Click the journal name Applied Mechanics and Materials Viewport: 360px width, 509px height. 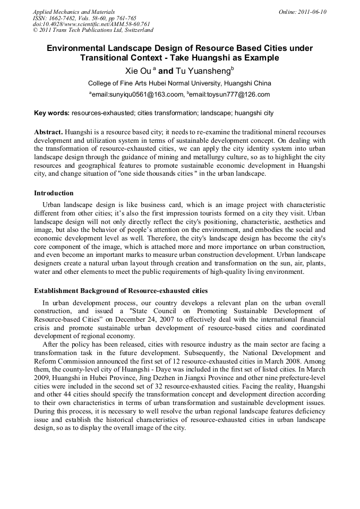point(73,12)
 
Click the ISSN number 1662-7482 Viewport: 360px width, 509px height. point(63,18)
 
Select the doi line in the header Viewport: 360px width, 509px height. point(91,24)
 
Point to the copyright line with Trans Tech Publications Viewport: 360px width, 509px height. point(93,30)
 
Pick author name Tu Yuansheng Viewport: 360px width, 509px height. point(203,71)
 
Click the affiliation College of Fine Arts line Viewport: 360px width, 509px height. point(179,83)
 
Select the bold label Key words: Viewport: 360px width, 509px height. point(52,113)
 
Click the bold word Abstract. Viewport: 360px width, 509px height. point(48,132)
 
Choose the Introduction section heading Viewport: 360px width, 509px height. point(54,193)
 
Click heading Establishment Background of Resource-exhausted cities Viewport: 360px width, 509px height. point(121,291)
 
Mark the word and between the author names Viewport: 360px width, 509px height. point(166,71)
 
